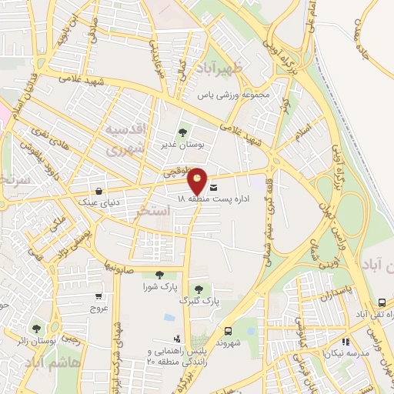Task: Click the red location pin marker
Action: click(x=198, y=180)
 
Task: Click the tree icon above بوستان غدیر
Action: click(x=182, y=132)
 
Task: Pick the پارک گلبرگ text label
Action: click(x=198, y=301)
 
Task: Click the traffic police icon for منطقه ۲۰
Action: click(x=178, y=339)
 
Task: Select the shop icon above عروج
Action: click(x=98, y=296)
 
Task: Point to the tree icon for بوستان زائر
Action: click(x=36, y=329)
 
